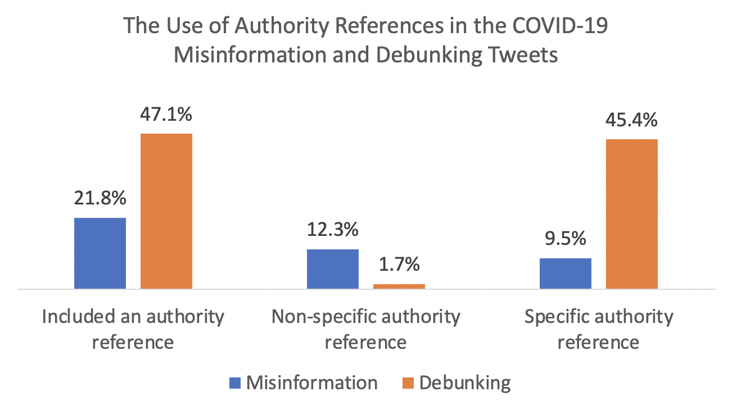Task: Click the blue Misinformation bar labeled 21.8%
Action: [100, 253]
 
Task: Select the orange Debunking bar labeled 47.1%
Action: [166, 211]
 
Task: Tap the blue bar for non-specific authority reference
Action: [333, 269]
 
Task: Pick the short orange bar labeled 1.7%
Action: [399, 286]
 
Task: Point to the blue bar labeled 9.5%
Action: [566, 274]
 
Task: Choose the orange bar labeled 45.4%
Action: [632, 214]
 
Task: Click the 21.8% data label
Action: [100, 198]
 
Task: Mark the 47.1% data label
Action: [166, 115]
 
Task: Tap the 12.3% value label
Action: [333, 230]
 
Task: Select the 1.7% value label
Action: [399, 265]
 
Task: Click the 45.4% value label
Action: [632, 120]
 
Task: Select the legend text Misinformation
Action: [312, 383]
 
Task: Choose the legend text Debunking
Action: [466, 383]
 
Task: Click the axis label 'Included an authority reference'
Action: [133, 329]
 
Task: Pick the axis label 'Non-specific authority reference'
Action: [366, 329]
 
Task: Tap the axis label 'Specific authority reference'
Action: [599, 329]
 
